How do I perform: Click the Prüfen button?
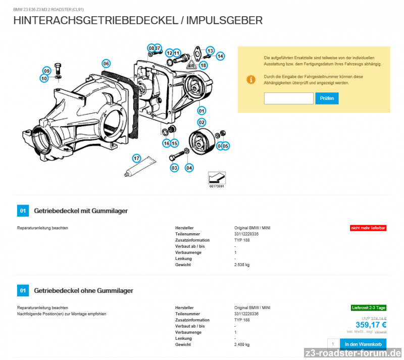pos(327,98)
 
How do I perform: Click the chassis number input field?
pos(288,98)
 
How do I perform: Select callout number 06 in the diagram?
pos(106,64)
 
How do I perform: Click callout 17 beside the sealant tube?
pos(136,159)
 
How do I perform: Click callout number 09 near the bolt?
pos(46,71)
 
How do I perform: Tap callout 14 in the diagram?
pos(220,57)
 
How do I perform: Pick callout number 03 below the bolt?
pos(174,167)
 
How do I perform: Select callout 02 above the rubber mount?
pos(201,122)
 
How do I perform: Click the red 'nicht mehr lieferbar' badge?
pos(368,228)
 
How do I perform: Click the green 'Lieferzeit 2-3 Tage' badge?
pos(368,307)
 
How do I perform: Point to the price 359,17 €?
pos(371,325)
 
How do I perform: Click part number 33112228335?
pos(246,234)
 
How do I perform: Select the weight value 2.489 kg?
pos(242,344)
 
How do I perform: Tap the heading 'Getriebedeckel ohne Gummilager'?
pos(83,290)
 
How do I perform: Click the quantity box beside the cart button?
pos(333,344)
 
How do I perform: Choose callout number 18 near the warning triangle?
pos(203,65)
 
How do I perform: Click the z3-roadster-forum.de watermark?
pos(353,352)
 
